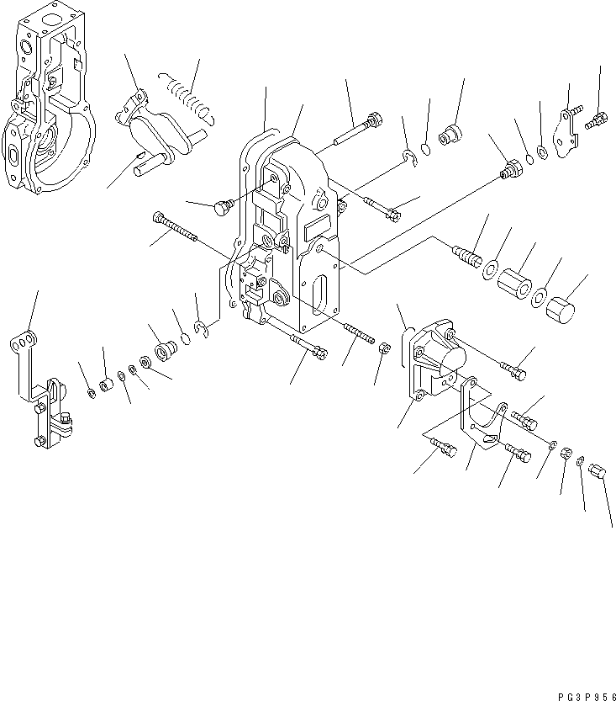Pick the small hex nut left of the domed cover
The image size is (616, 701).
(382, 348)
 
